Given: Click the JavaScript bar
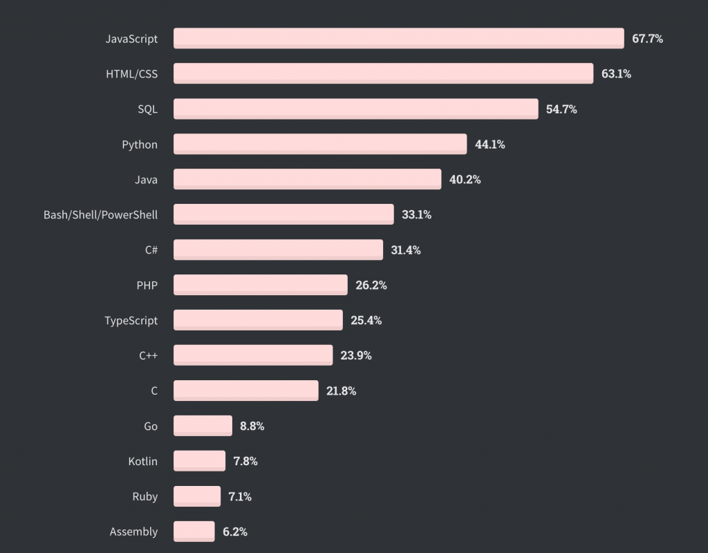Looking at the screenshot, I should [399, 39].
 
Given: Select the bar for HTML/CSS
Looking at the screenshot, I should [383, 74].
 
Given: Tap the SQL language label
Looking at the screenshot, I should [147, 109].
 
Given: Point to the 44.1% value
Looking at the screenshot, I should [490, 144].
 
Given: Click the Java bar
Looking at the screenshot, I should [307, 180].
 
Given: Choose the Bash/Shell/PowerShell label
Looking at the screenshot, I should [100, 215].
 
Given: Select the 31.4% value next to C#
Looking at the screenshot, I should [406, 250].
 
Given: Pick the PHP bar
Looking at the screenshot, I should [260, 285].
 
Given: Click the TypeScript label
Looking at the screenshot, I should [131, 321].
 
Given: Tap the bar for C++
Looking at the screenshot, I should [253, 355].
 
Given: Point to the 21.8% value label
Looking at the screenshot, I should [342, 391].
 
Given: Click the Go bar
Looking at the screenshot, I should [203, 426].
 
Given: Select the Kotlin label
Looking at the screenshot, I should [142, 461].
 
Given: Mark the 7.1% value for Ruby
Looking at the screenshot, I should [240, 496].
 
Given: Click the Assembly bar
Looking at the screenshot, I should [194, 532].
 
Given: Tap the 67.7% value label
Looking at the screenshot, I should [647, 39].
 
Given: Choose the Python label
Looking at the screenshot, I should [140, 144].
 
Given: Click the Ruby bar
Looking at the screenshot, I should [197, 496].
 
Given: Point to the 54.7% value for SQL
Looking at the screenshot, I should [561, 109].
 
